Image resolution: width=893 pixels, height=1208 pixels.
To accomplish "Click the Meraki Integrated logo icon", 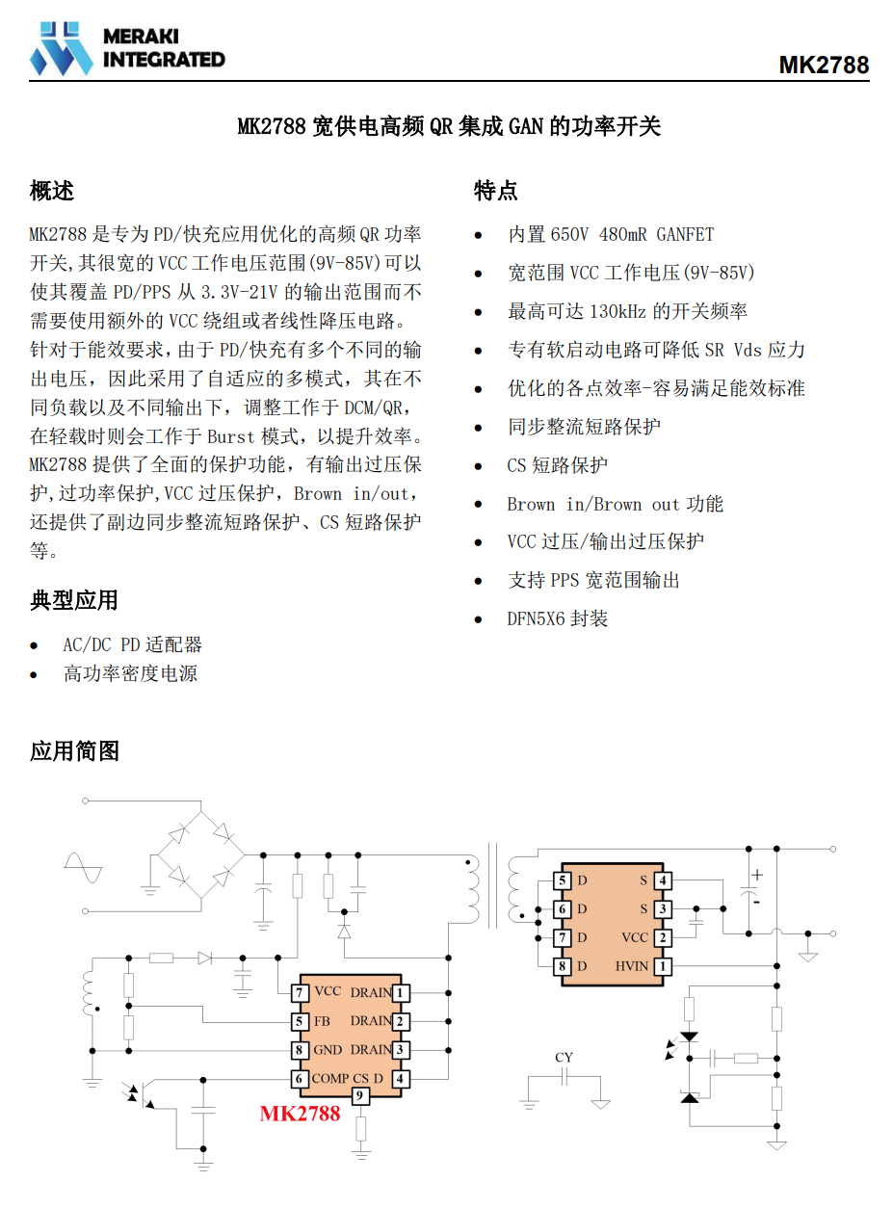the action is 61,48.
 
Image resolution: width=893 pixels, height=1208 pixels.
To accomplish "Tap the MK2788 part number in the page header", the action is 823,65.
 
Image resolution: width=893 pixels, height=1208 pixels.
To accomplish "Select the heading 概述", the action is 52,191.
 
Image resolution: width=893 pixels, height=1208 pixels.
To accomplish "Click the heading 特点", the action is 495,191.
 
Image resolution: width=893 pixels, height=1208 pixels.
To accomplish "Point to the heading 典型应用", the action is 74,599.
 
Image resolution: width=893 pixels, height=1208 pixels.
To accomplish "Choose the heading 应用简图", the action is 74,750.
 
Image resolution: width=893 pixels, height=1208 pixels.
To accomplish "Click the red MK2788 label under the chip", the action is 300,1114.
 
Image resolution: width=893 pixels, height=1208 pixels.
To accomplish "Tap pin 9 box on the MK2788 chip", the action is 359,1095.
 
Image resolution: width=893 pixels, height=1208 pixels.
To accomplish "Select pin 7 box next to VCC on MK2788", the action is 300,993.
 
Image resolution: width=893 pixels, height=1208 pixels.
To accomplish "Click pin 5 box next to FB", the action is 300,1021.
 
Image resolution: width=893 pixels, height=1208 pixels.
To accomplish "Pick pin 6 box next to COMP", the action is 300,1078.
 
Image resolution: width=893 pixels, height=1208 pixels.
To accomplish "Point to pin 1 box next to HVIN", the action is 663,966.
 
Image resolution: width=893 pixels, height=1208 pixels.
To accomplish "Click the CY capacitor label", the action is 564,1057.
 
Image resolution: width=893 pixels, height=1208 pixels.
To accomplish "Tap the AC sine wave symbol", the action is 84,868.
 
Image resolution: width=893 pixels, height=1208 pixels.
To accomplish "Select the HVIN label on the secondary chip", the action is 632,966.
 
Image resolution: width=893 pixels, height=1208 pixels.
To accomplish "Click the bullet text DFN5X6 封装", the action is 558,618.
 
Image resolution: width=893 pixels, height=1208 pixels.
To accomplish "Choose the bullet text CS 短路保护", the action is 557,465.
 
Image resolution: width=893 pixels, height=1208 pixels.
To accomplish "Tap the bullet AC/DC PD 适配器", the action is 132,644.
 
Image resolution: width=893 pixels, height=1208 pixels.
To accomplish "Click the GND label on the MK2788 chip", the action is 328,1050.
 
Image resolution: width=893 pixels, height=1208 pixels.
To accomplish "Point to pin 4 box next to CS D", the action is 401,1078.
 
